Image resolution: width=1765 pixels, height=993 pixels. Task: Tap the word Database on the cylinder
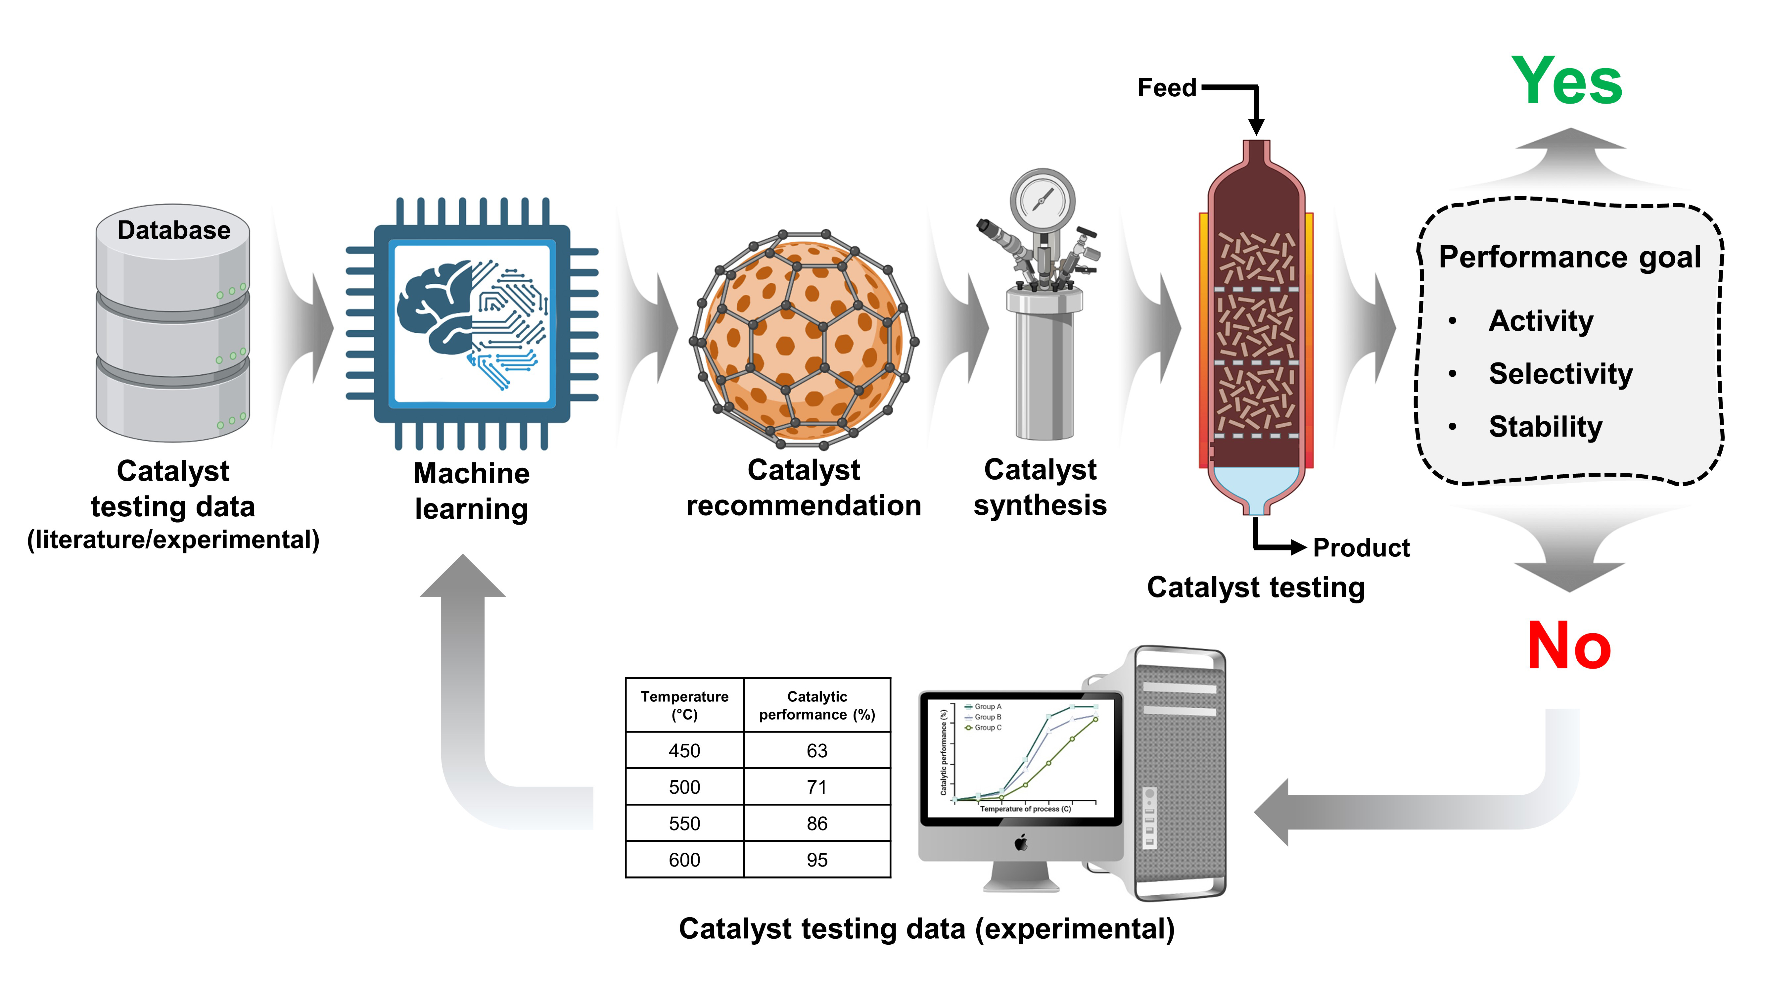point(174,230)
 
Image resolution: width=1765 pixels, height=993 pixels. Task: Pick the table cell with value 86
point(817,823)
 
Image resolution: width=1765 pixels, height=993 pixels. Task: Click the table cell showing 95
point(817,859)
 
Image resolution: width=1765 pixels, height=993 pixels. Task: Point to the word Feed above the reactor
point(1167,88)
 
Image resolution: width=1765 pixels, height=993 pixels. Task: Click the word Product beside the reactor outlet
point(1361,547)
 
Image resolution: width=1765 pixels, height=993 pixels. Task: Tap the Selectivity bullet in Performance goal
point(1560,373)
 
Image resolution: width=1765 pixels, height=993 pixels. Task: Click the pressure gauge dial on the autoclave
point(1042,200)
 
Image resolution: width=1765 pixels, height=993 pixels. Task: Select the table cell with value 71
point(817,787)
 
